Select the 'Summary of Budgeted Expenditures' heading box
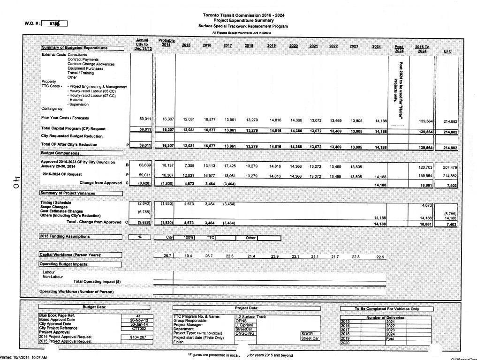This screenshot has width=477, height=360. (x=83, y=48)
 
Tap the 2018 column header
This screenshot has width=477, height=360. (x=249, y=45)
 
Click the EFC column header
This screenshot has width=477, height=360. (x=447, y=51)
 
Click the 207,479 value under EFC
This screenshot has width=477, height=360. (x=449, y=167)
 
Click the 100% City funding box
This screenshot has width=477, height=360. (x=189, y=238)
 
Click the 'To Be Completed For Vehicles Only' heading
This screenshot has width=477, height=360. (x=380, y=309)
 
